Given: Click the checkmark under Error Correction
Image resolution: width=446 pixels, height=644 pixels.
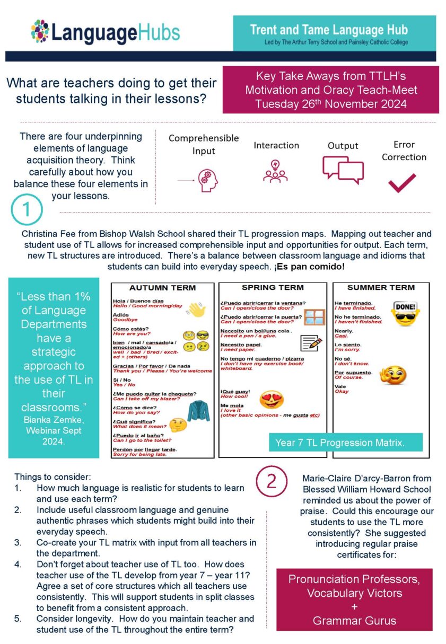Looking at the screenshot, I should [x=401, y=183].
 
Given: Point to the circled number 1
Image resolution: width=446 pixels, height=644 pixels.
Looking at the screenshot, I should [x=27, y=210].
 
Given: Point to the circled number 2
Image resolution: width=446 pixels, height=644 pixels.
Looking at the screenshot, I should [x=271, y=481].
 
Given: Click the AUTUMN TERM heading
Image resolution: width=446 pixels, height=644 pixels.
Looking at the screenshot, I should [x=162, y=288].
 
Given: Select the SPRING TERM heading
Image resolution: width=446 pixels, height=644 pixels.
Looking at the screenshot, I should [x=273, y=287].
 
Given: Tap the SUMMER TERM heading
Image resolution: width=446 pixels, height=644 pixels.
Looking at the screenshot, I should [x=381, y=287].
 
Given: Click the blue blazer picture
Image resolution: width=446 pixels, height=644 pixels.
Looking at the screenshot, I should [x=197, y=411].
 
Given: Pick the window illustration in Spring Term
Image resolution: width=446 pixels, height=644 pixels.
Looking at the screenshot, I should [x=314, y=317].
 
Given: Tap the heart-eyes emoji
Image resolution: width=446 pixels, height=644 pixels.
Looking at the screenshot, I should [x=271, y=399].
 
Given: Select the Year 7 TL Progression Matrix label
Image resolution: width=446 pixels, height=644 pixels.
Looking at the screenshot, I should [x=340, y=442].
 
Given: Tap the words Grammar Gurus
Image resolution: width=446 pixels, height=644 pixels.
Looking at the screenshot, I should [x=354, y=620].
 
